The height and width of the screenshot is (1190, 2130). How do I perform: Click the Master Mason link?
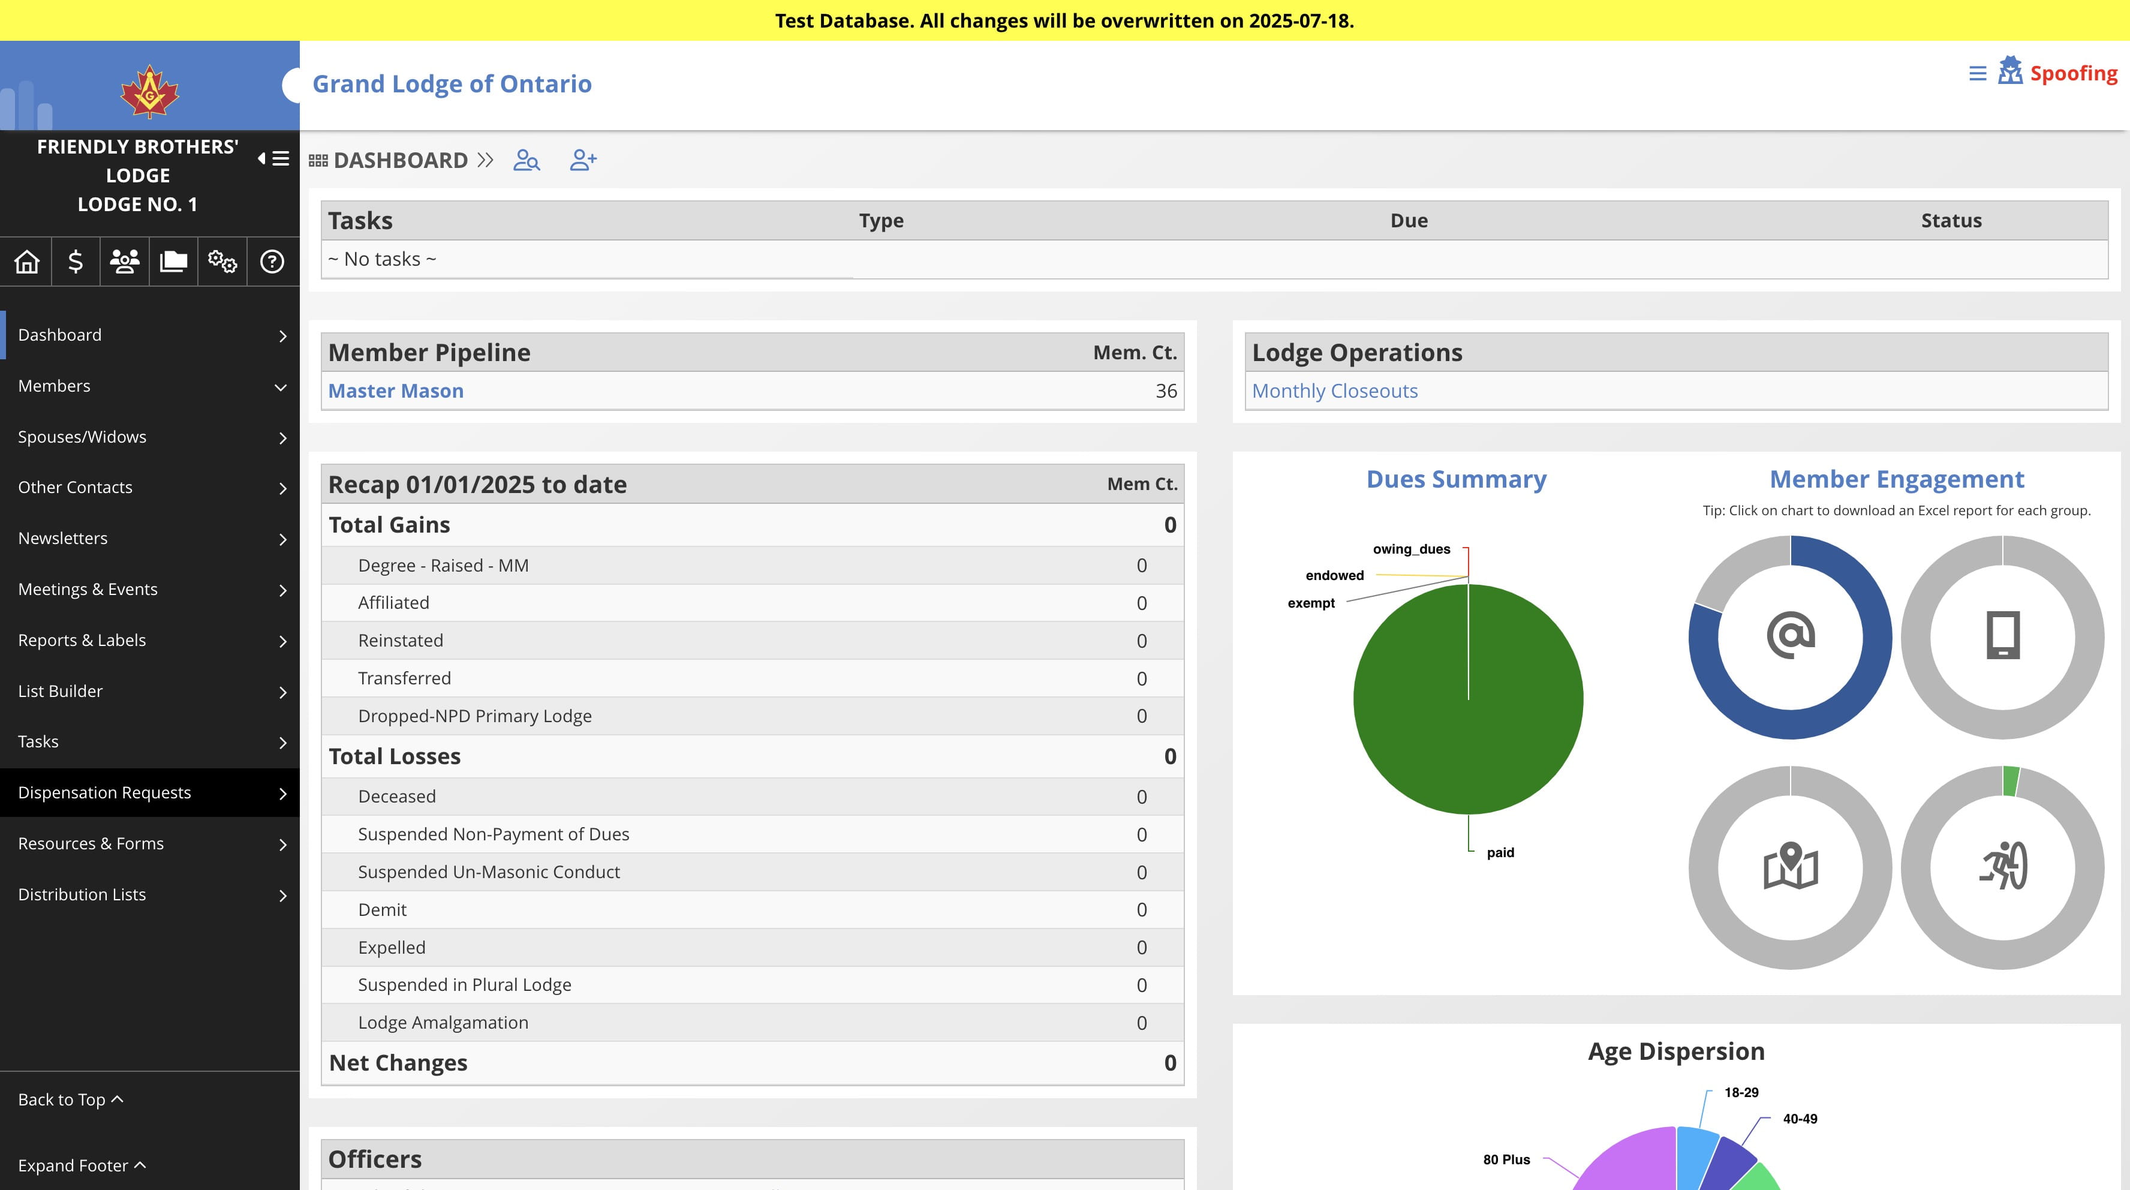(x=395, y=391)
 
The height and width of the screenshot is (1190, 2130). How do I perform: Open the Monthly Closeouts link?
(x=1335, y=391)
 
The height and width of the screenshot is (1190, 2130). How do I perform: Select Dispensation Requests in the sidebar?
(x=104, y=792)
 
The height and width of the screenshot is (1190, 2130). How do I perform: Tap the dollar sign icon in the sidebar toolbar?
(x=75, y=262)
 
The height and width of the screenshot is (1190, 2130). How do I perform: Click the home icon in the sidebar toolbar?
(x=26, y=262)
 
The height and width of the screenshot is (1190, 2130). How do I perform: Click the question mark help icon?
(x=272, y=262)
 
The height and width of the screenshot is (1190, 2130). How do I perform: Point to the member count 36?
(x=1166, y=391)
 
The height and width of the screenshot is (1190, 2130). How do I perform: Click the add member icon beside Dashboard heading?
(x=583, y=160)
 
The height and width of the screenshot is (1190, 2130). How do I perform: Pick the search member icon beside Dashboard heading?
(x=527, y=160)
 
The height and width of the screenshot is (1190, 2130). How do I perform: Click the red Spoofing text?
(x=2074, y=74)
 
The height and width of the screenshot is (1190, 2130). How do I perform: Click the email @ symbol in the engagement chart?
(x=1790, y=636)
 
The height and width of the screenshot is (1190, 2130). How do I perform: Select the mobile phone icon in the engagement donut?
(x=2003, y=635)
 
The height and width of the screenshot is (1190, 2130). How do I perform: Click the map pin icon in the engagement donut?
(x=1790, y=866)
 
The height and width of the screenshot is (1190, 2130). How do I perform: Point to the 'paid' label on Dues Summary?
(x=1500, y=852)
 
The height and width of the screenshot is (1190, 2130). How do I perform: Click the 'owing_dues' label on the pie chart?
(x=1412, y=549)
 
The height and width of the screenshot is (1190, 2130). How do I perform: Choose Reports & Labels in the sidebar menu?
(x=82, y=640)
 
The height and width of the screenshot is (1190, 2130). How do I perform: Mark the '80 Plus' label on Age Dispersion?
(x=1506, y=1159)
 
